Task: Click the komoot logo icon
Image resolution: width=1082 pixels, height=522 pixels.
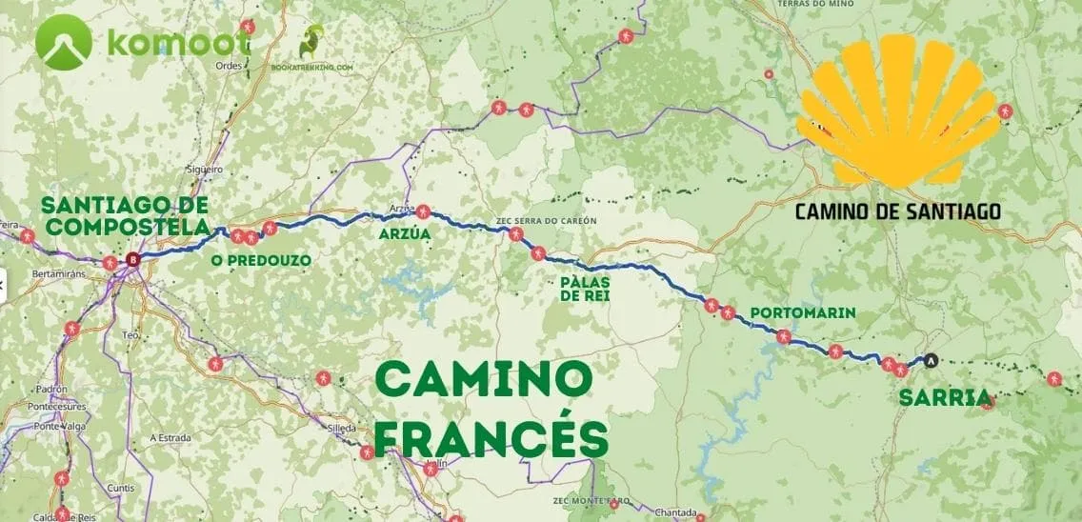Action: pyautogui.click(x=63, y=43)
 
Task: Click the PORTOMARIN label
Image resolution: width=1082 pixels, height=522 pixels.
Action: pyautogui.click(x=802, y=312)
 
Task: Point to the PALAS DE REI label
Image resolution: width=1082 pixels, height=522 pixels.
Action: pyautogui.click(x=584, y=289)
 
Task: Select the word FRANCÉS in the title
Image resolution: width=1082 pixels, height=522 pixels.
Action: pyautogui.click(x=490, y=438)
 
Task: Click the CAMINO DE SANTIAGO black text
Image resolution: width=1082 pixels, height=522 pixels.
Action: pyautogui.click(x=897, y=211)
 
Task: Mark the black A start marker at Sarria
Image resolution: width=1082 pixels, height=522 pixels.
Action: pyautogui.click(x=932, y=360)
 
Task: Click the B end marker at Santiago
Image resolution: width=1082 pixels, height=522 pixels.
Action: pyautogui.click(x=132, y=258)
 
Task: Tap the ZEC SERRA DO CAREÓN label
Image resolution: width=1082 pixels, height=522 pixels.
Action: pyautogui.click(x=547, y=220)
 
